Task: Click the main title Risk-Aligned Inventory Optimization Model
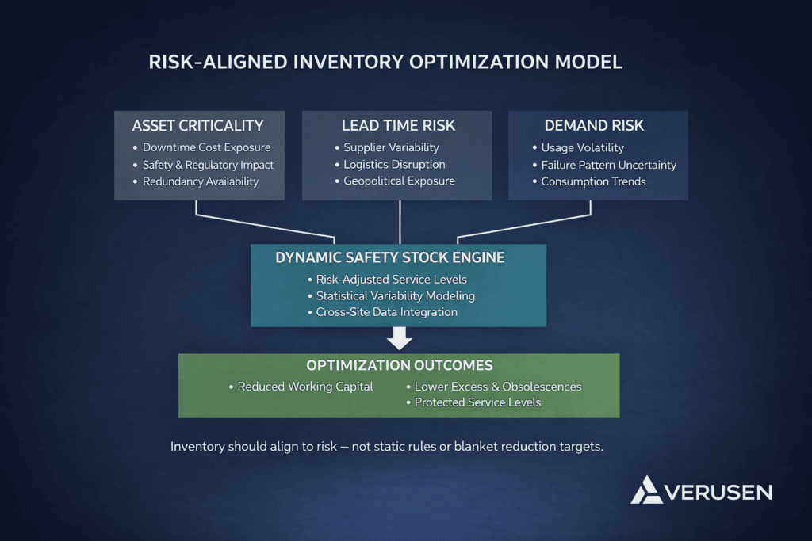[x=385, y=63]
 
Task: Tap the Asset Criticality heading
[x=197, y=126]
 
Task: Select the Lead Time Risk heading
[x=398, y=126]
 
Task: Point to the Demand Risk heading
[x=594, y=126]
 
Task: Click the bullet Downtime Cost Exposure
[x=206, y=147]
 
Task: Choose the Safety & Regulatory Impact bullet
[x=208, y=165]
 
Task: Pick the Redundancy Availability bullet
[x=201, y=181]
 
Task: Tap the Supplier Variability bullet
[x=391, y=147]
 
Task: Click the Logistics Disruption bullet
[x=394, y=165]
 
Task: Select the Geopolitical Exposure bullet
[x=399, y=181]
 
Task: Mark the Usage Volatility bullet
[x=582, y=147]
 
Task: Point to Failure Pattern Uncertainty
[x=608, y=165]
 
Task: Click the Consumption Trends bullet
[x=593, y=181]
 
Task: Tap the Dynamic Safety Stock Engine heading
[x=389, y=258]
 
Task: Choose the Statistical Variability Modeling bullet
[x=395, y=295]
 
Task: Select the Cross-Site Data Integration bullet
[x=386, y=312]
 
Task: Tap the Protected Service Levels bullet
[x=477, y=402]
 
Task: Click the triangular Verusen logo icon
[x=647, y=490]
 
